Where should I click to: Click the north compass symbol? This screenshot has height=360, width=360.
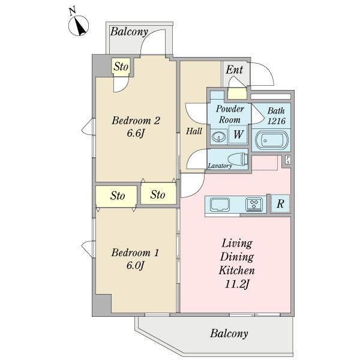point(79,25)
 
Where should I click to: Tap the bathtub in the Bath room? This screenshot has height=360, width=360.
point(271,140)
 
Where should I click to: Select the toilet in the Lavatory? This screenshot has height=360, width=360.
point(238,159)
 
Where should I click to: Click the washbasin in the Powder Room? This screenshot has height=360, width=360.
point(218,137)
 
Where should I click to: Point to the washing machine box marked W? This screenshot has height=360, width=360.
point(238,134)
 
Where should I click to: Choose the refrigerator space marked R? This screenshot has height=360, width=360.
point(280,203)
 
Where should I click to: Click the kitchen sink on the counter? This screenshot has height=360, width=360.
point(220,204)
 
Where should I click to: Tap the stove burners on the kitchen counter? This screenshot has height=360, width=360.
point(254,204)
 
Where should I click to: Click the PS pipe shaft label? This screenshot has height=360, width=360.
point(288,160)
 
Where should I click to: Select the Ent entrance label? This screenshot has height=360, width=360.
point(234,70)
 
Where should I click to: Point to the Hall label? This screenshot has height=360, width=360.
point(194,131)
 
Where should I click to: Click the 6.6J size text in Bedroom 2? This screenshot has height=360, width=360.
point(136,133)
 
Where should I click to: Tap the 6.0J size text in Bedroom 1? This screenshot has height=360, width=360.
point(135,265)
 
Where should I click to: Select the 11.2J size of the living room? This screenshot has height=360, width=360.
point(237,284)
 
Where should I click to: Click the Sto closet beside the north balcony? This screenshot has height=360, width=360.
point(121,67)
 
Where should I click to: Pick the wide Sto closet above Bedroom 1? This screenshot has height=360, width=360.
point(116,196)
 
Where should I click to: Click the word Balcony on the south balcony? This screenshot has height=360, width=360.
point(229,334)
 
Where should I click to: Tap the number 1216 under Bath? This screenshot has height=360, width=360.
point(276,121)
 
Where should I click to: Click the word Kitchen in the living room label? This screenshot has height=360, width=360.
point(237,270)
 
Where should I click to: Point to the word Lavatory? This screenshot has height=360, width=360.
point(220,166)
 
